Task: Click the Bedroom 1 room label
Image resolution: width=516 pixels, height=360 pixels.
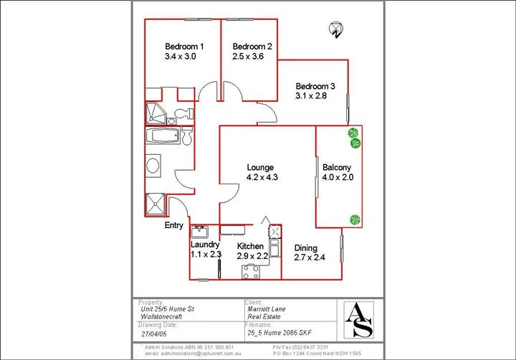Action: (x=184, y=47)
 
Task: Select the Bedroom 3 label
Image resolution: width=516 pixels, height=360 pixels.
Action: (x=316, y=86)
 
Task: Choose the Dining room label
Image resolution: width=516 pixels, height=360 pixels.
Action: (x=306, y=248)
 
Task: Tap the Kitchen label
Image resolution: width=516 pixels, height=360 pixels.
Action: (x=250, y=246)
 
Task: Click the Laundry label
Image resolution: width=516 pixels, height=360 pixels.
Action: (x=204, y=245)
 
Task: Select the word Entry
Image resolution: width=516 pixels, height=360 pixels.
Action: (x=174, y=225)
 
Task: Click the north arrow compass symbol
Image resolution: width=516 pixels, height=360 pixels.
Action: (x=335, y=29)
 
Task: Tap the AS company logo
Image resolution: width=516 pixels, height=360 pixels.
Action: (x=358, y=319)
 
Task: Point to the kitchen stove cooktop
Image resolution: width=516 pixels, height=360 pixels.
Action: (x=251, y=271)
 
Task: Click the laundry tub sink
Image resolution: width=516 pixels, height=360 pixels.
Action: (x=199, y=232)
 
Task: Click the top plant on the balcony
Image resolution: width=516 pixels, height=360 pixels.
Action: (x=353, y=133)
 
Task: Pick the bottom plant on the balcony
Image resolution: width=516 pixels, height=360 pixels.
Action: (x=354, y=219)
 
